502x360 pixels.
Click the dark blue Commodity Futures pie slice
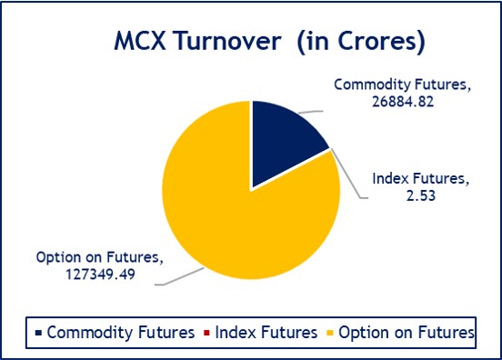pyautogui.click(x=283, y=136)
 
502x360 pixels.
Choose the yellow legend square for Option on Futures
pyautogui.click(x=329, y=334)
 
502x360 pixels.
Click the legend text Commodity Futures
pyautogui.click(x=120, y=334)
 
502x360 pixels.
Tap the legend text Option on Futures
pyautogui.click(x=406, y=334)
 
